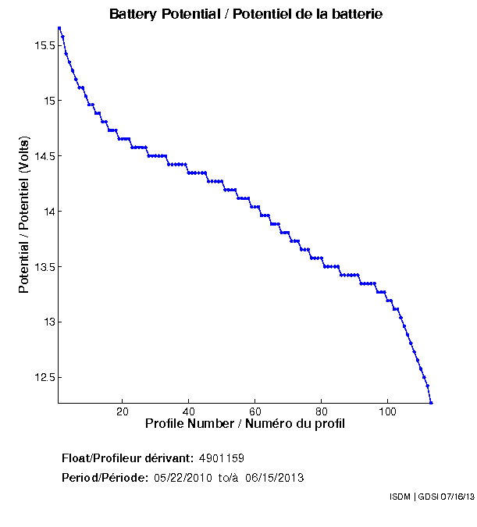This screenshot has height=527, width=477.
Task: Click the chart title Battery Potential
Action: (246, 14)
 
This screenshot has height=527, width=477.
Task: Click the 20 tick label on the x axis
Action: (123, 411)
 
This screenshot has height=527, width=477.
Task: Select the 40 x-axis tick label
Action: (189, 411)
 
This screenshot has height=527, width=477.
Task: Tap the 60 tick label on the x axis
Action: (255, 411)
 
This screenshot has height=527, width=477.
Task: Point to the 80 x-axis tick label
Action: (322, 411)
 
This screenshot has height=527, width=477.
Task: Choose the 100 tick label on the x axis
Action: (388, 411)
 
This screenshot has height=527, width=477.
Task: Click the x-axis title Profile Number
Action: (245, 424)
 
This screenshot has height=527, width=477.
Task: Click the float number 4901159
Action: (222, 458)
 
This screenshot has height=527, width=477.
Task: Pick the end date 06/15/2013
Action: (275, 478)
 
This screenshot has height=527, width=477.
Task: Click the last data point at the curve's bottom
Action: (431, 402)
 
